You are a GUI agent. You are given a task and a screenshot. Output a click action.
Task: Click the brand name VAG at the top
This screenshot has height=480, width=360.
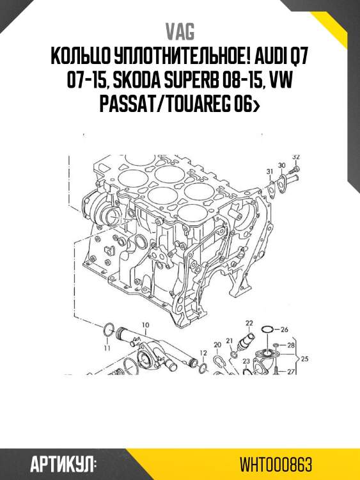(180, 31)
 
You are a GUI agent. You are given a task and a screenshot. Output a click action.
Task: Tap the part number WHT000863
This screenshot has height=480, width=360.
(277, 463)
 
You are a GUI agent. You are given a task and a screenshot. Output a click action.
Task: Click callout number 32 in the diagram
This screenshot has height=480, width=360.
(295, 157)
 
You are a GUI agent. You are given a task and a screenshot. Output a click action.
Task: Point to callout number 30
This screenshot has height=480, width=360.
(281, 165)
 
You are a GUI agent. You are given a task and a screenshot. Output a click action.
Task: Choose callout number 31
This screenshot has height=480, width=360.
(270, 171)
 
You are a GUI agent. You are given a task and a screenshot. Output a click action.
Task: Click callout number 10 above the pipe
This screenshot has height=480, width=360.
(145, 325)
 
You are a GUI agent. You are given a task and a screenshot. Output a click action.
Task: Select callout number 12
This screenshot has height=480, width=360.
(203, 353)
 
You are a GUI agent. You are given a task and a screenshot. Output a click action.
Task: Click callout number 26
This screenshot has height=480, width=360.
(285, 330)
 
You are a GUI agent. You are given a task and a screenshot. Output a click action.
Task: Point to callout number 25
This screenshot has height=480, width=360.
(304, 359)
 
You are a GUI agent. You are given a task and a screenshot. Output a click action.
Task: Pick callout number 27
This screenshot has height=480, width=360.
(291, 371)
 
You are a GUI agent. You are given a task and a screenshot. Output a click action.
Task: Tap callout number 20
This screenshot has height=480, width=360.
(217, 345)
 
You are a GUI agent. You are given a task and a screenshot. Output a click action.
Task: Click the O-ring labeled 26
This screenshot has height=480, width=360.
(268, 330)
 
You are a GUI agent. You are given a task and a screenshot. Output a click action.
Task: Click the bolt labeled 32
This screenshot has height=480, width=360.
(293, 170)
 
